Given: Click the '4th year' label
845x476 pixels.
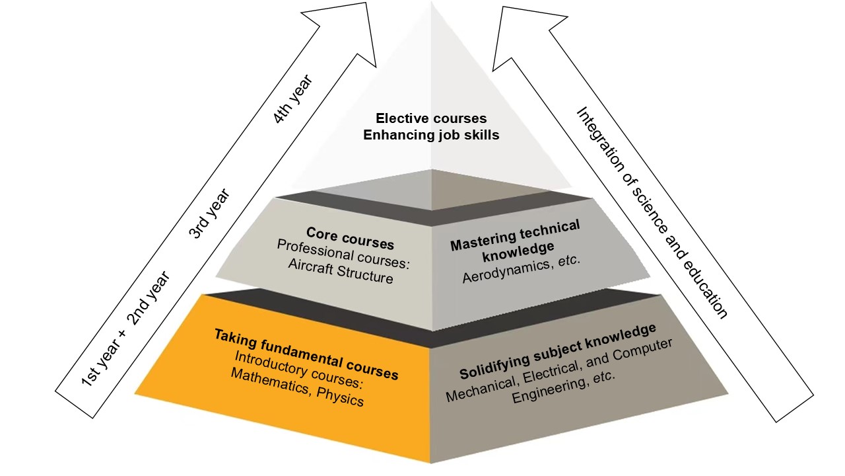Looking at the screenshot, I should [x=292, y=99].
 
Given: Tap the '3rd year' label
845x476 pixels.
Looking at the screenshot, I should [x=209, y=214].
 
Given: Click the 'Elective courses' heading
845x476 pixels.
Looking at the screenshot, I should [x=431, y=118].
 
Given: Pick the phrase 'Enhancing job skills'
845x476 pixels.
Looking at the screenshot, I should [x=431, y=135].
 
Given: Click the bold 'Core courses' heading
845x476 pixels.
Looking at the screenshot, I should [x=350, y=238].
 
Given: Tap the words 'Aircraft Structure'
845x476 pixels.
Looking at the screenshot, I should [x=341, y=271].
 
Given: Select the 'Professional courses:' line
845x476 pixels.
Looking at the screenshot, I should [x=343, y=255].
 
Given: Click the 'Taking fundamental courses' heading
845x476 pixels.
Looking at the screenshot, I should [x=306, y=354].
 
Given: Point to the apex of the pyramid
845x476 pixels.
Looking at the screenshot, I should [x=431, y=3].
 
